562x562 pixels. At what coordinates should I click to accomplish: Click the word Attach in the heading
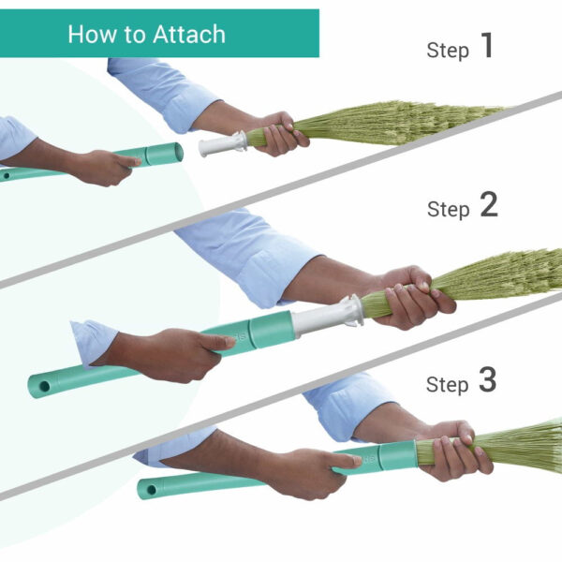(x=189, y=35)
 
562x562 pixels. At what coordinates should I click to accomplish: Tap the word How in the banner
(x=92, y=35)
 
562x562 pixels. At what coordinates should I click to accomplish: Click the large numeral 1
(x=487, y=45)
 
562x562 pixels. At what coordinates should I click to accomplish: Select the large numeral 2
(x=489, y=204)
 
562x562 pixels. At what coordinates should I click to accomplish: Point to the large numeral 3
(x=487, y=379)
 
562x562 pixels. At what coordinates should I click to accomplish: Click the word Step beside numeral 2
(x=448, y=209)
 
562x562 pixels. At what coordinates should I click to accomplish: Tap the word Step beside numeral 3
(x=448, y=384)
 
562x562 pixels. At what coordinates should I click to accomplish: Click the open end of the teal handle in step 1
(x=178, y=153)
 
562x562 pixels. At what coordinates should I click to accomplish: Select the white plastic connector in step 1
(x=223, y=143)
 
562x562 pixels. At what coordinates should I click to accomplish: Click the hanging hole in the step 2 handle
(x=45, y=386)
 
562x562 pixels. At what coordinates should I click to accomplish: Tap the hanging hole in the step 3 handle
(x=152, y=490)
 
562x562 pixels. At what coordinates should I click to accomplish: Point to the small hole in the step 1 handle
(x=7, y=176)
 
